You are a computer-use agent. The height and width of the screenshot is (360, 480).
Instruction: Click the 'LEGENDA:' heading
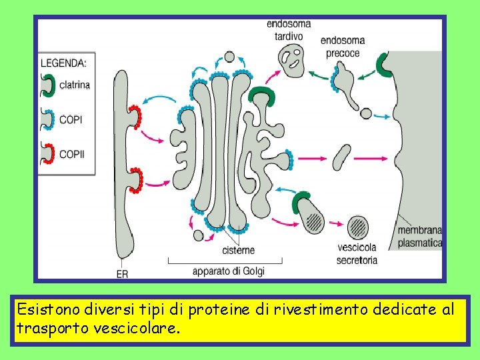point(63,63)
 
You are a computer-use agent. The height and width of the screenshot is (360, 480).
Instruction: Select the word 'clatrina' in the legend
point(75,85)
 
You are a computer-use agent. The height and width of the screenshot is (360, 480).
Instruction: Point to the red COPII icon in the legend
point(48,154)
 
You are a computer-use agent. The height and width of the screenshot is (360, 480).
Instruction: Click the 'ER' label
point(123,273)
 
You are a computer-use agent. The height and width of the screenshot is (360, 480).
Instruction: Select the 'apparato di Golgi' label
point(229,271)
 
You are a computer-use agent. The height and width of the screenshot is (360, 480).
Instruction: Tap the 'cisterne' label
point(238,250)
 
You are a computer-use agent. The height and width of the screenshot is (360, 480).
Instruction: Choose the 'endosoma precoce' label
point(343,47)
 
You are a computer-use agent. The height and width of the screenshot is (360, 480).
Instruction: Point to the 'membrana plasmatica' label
point(419,237)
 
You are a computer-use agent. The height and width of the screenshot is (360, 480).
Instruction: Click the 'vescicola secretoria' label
point(357,254)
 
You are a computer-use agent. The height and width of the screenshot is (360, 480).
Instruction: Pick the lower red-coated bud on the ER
point(136,181)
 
